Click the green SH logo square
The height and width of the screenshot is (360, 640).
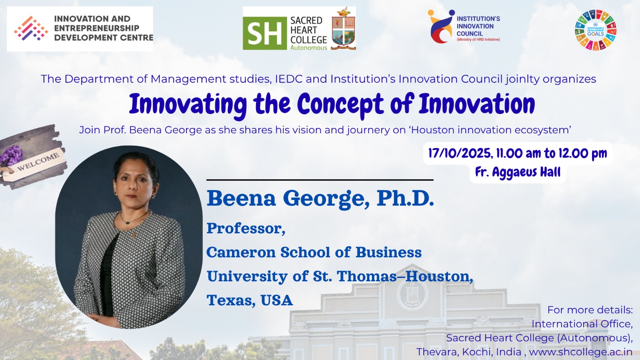265,33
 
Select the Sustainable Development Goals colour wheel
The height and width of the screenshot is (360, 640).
596,30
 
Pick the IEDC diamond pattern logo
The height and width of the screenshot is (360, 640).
31,28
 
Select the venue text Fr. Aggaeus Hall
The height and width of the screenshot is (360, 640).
518,172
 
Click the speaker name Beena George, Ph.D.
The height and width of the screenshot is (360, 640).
320,198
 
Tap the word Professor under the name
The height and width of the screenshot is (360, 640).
246,228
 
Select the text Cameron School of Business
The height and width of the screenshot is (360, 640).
314,252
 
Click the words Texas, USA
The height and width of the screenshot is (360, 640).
250,300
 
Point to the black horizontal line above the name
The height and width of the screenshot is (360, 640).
320,180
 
